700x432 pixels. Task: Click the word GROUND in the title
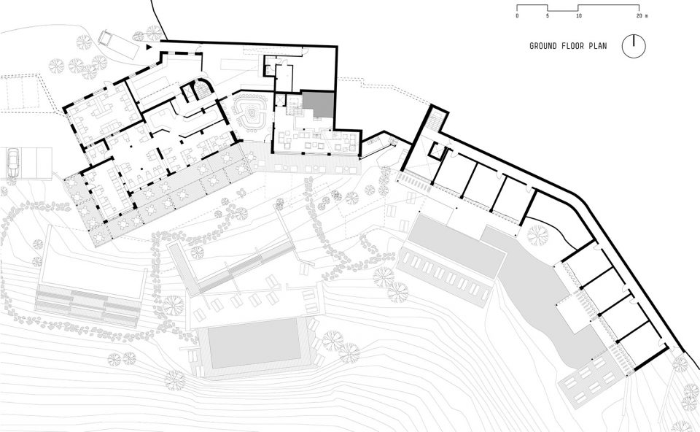click(542, 46)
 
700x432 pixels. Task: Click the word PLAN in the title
click(598, 46)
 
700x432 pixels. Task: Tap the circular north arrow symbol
click(634, 45)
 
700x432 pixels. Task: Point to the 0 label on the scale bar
click(517, 15)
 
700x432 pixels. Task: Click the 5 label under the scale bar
click(548, 15)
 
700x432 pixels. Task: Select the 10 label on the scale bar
click(578, 15)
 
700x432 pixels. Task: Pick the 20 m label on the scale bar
click(642, 15)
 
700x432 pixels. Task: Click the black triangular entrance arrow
click(149, 46)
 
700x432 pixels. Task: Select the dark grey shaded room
click(318, 104)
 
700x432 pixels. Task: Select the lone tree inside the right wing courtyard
click(537, 235)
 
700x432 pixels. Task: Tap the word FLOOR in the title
click(572, 46)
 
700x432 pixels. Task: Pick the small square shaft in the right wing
click(436, 150)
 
